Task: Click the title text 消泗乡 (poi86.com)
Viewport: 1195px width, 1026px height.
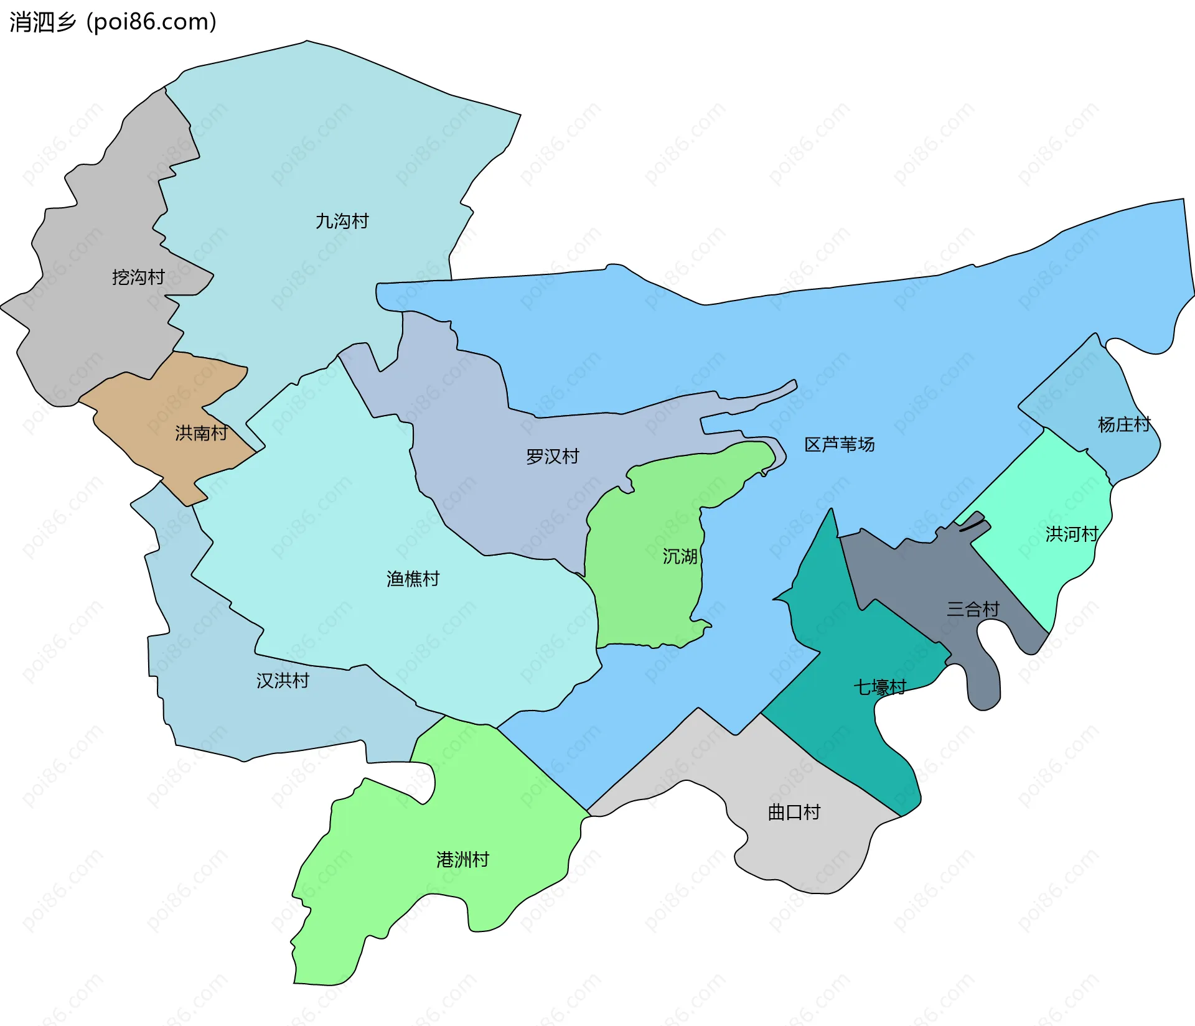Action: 113,22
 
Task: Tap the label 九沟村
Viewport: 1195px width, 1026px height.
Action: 342,221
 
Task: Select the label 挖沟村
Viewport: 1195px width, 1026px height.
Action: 138,277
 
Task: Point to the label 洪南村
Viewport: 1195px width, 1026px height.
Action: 201,432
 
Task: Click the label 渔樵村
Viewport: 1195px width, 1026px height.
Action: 413,579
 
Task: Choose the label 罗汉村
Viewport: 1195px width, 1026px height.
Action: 552,456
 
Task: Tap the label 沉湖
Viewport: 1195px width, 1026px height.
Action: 679,556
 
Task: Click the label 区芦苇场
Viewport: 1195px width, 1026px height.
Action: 839,444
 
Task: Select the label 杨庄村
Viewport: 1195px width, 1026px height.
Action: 1123,424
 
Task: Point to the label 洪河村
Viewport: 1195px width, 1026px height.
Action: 1071,534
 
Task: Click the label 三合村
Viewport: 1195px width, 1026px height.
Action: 972,609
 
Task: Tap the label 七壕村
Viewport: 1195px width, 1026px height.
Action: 879,687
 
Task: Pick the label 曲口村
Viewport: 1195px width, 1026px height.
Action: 794,812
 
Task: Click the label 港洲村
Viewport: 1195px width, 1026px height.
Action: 462,859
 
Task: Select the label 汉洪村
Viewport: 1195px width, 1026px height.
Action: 283,680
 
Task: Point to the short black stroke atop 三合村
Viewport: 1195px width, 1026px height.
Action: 974,526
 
